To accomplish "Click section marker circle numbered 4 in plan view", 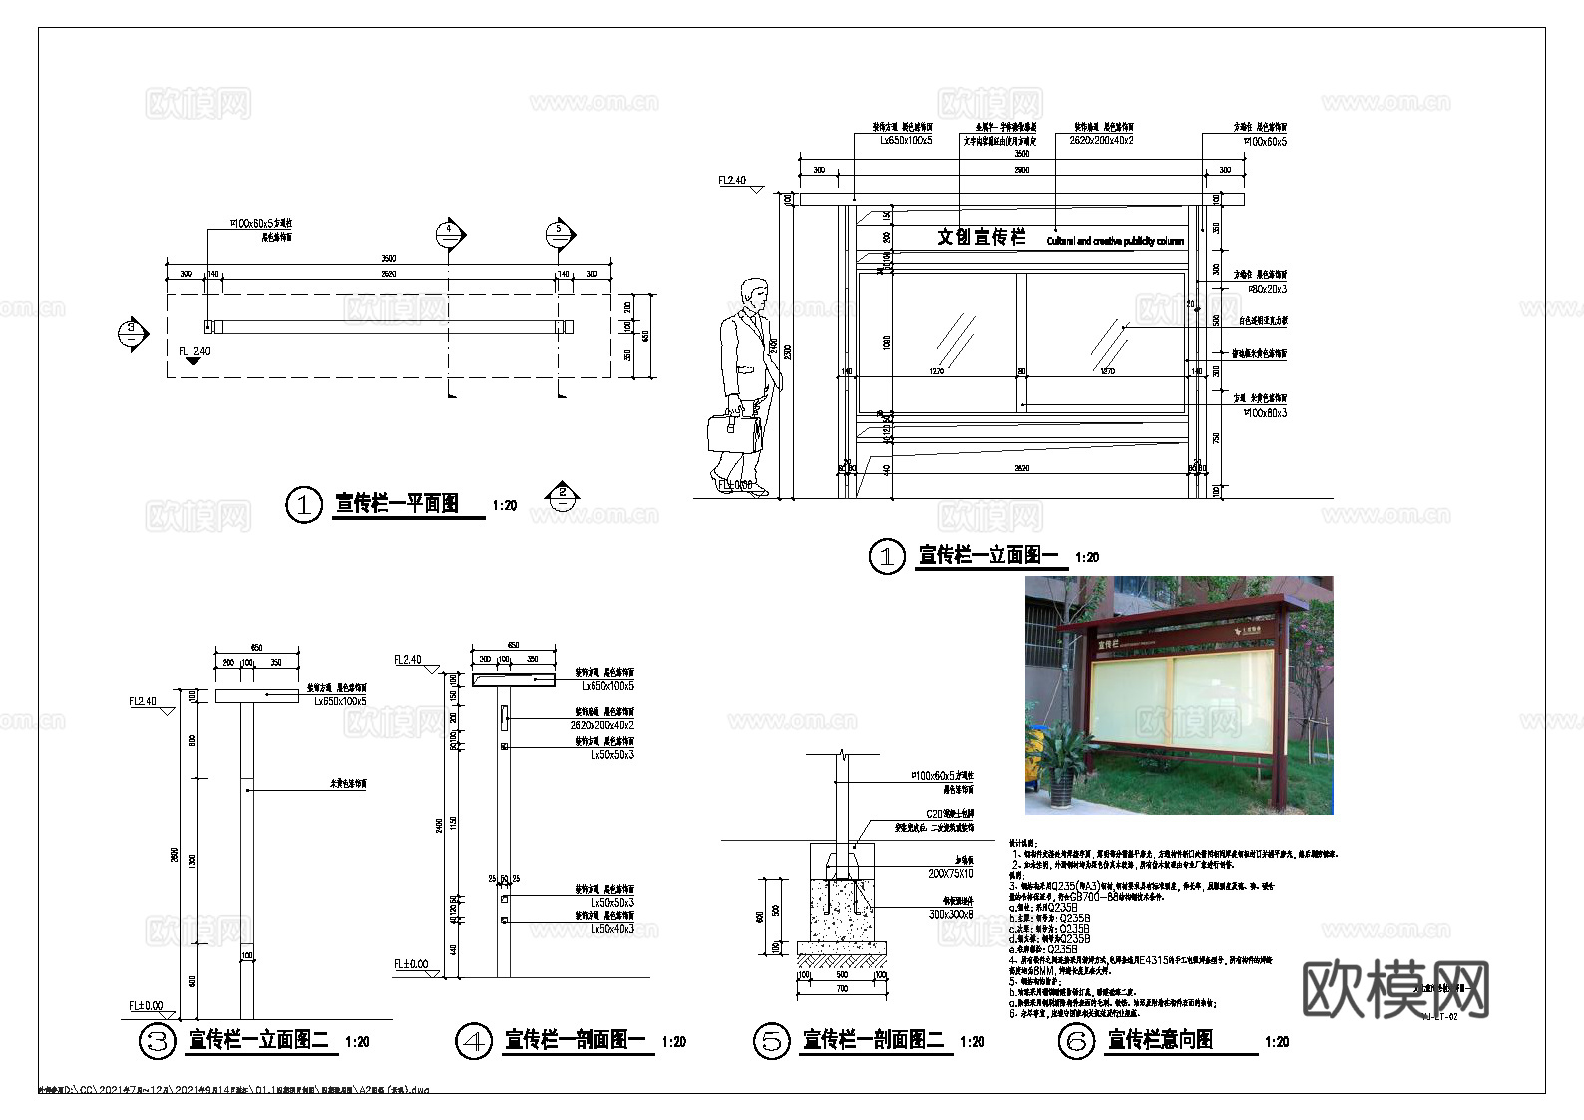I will click(450, 233).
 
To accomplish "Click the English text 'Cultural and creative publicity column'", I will click(1115, 241).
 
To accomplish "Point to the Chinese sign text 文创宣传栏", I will click(981, 237).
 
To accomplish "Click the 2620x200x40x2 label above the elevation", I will click(1102, 141).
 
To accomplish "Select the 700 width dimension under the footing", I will click(842, 988).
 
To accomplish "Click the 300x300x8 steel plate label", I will click(951, 914).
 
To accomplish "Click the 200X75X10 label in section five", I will click(950, 874).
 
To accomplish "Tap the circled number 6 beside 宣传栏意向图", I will click(1076, 1042).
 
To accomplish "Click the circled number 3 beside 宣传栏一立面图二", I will click(156, 1042).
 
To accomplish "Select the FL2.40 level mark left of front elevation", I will click(732, 181).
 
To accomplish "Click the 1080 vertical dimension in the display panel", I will click(886, 342).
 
